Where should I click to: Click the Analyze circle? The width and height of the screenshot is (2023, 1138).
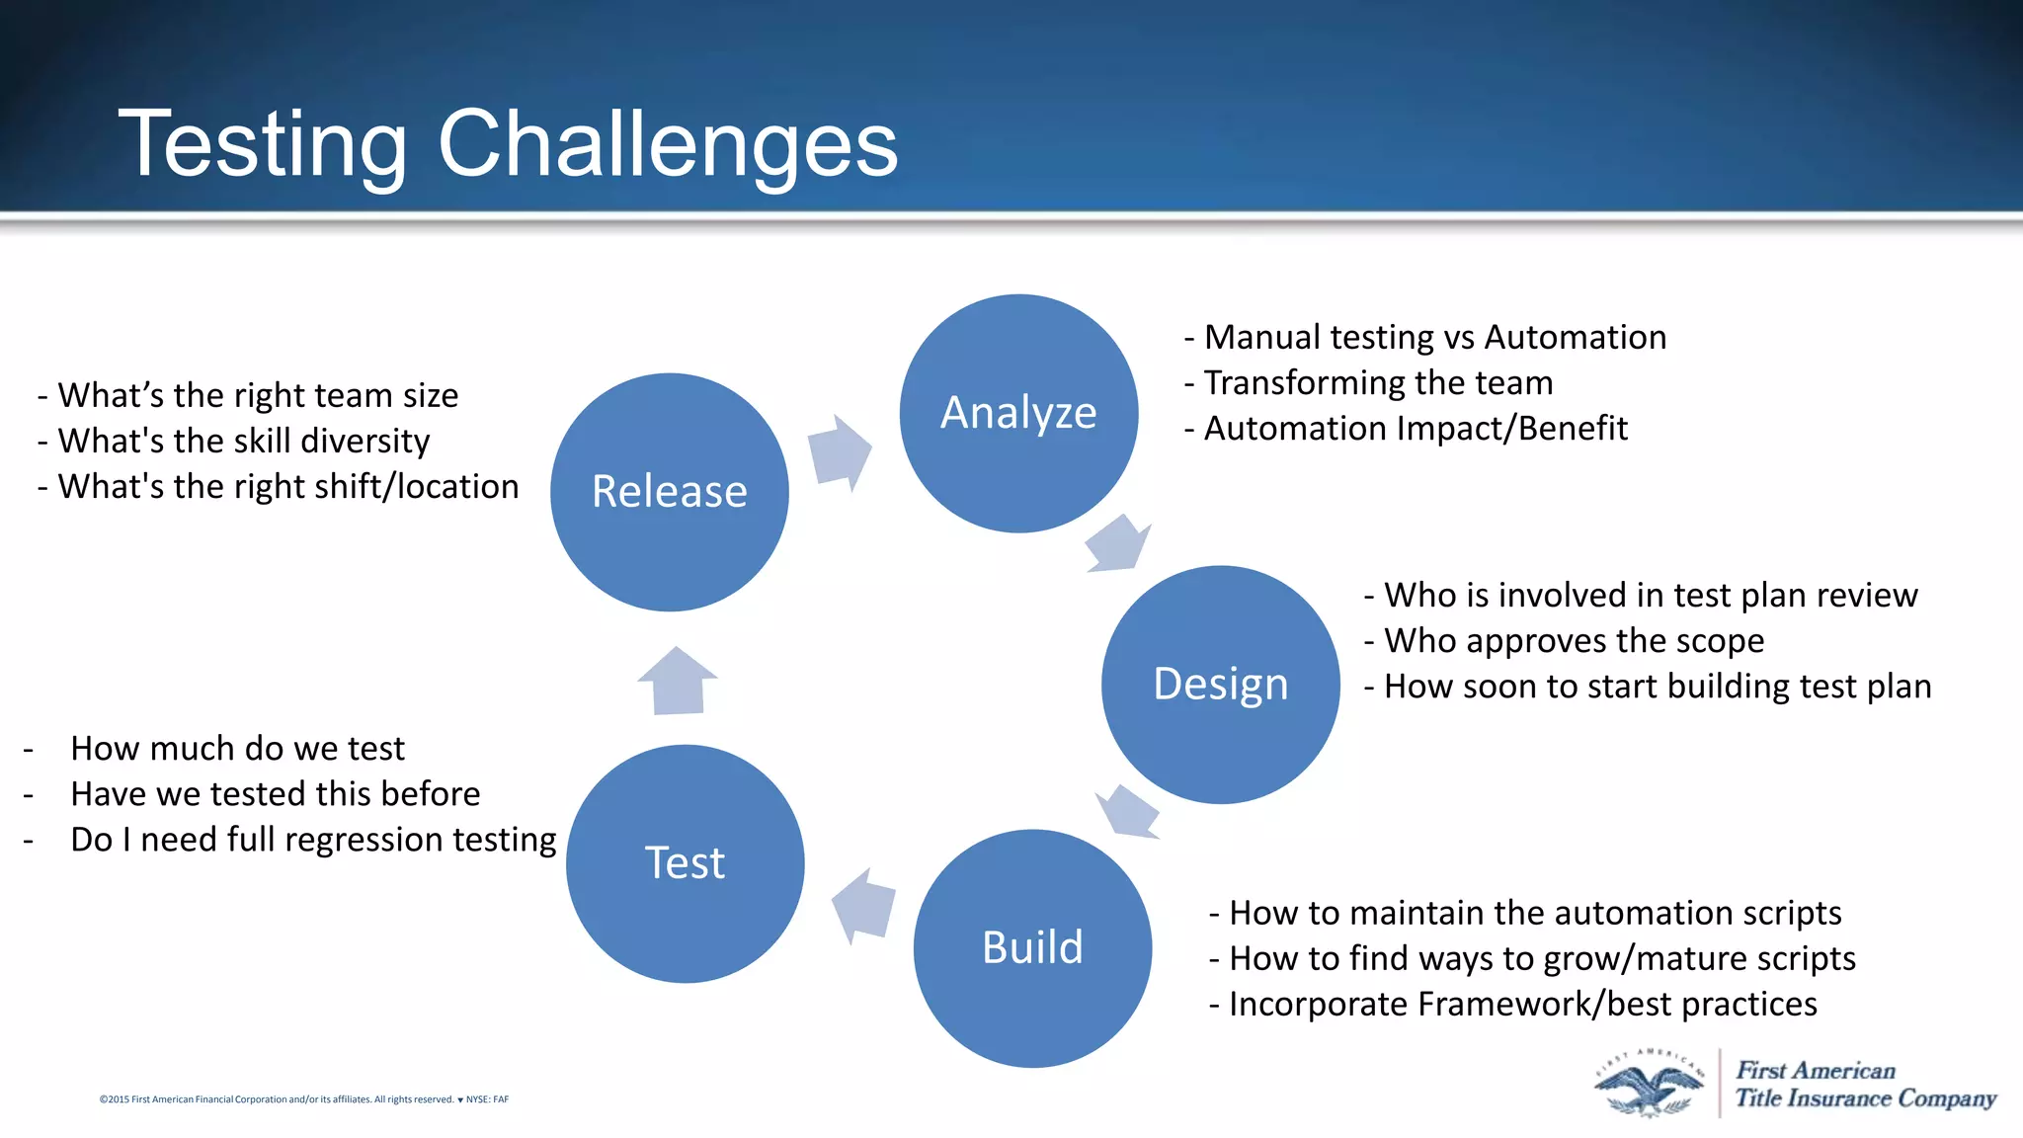[x=1018, y=413]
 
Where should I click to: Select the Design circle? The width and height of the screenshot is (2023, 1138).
[x=1220, y=684]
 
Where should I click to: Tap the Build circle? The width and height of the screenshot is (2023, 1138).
[x=1032, y=947]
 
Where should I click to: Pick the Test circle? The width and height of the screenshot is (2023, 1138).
[x=685, y=862]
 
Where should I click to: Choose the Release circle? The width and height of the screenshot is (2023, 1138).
[x=669, y=491]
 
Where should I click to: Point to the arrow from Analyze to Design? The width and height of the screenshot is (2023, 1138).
[x=1118, y=544]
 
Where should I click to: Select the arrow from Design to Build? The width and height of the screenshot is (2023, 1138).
[x=1128, y=811]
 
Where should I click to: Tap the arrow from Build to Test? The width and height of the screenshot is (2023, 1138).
[x=864, y=906]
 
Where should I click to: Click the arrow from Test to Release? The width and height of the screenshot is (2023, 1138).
[x=678, y=681]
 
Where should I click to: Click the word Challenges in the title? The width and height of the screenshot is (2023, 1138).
[x=668, y=144]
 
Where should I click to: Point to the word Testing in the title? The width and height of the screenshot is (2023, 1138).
[x=262, y=144]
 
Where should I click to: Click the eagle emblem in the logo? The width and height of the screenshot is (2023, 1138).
[x=1648, y=1085]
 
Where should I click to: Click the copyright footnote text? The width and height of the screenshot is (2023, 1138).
[x=303, y=1099]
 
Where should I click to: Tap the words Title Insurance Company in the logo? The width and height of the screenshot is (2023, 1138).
[x=1865, y=1098]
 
